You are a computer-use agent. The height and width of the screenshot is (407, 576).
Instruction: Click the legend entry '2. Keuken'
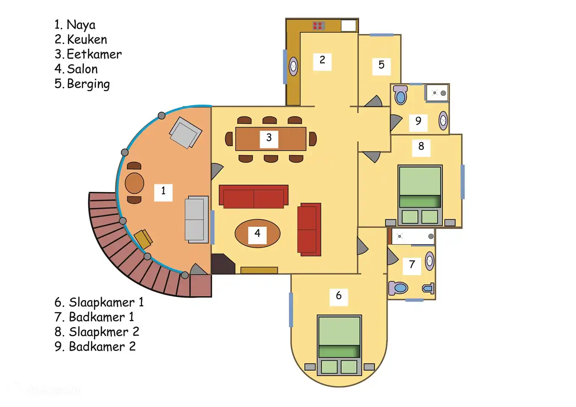(x=81, y=39)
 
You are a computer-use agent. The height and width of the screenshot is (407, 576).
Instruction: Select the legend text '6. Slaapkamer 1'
(x=99, y=302)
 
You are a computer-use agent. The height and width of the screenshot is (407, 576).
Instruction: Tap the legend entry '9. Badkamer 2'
(x=95, y=347)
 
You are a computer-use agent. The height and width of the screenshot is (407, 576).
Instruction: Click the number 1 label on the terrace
(x=163, y=191)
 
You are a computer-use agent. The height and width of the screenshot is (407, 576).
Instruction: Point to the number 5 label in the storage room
(x=381, y=65)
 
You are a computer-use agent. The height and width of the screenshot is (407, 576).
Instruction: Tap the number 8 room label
(x=421, y=146)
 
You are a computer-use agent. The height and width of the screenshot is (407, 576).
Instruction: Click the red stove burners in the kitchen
(x=318, y=25)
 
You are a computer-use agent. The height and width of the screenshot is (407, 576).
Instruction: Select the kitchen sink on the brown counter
(x=293, y=67)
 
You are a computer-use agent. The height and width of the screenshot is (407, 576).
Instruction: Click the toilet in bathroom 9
(x=400, y=95)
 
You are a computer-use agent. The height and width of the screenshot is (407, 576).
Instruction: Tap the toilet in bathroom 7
(x=399, y=288)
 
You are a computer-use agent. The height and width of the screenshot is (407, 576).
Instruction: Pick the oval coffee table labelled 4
(x=257, y=234)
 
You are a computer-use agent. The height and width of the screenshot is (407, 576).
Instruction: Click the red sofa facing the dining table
(x=254, y=197)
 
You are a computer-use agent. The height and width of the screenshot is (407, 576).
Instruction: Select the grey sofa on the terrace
(x=196, y=219)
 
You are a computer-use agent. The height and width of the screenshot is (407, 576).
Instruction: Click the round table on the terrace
(x=134, y=183)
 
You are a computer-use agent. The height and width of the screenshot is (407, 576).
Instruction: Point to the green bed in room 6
(x=339, y=343)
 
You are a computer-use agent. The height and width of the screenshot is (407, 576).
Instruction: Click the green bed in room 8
(x=420, y=193)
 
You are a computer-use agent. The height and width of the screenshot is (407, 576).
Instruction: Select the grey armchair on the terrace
(x=185, y=133)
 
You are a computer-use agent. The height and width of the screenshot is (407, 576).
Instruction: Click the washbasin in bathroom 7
(x=430, y=261)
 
